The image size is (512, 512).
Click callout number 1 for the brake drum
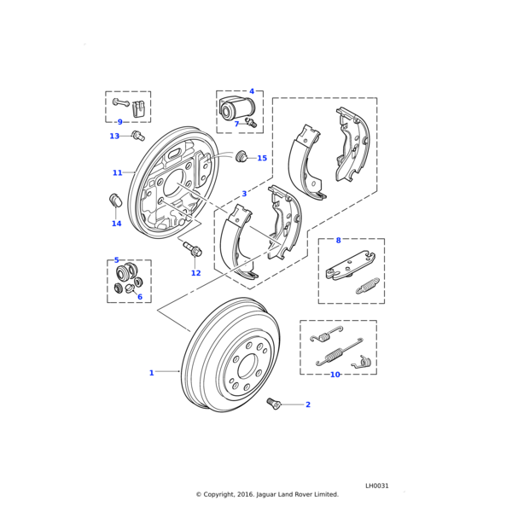pyautogui.click(x=152, y=373)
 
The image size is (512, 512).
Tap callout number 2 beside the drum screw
pyautogui.click(x=307, y=404)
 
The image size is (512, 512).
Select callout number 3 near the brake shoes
pyautogui.click(x=244, y=194)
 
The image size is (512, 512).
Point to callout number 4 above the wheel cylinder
pyautogui.click(x=252, y=91)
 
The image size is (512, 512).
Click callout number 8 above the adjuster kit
pyautogui.click(x=338, y=241)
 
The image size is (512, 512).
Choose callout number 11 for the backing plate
pyautogui.click(x=117, y=173)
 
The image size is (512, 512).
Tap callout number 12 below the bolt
pyautogui.click(x=195, y=273)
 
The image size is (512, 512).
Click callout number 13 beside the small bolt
pyautogui.click(x=114, y=136)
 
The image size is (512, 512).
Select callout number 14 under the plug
pyautogui.click(x=117, y=224)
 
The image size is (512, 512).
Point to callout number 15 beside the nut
pyautogui.click(x=262, y=158)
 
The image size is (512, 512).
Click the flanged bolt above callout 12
pyautogui.click(x=191, y=250)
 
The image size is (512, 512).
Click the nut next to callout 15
pyautogui.click(x=241, y=156)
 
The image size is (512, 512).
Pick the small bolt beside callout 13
pyautogui.click(x=139, y=134)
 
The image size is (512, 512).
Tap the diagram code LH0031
pyautogui.click(x=376, y=486)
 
